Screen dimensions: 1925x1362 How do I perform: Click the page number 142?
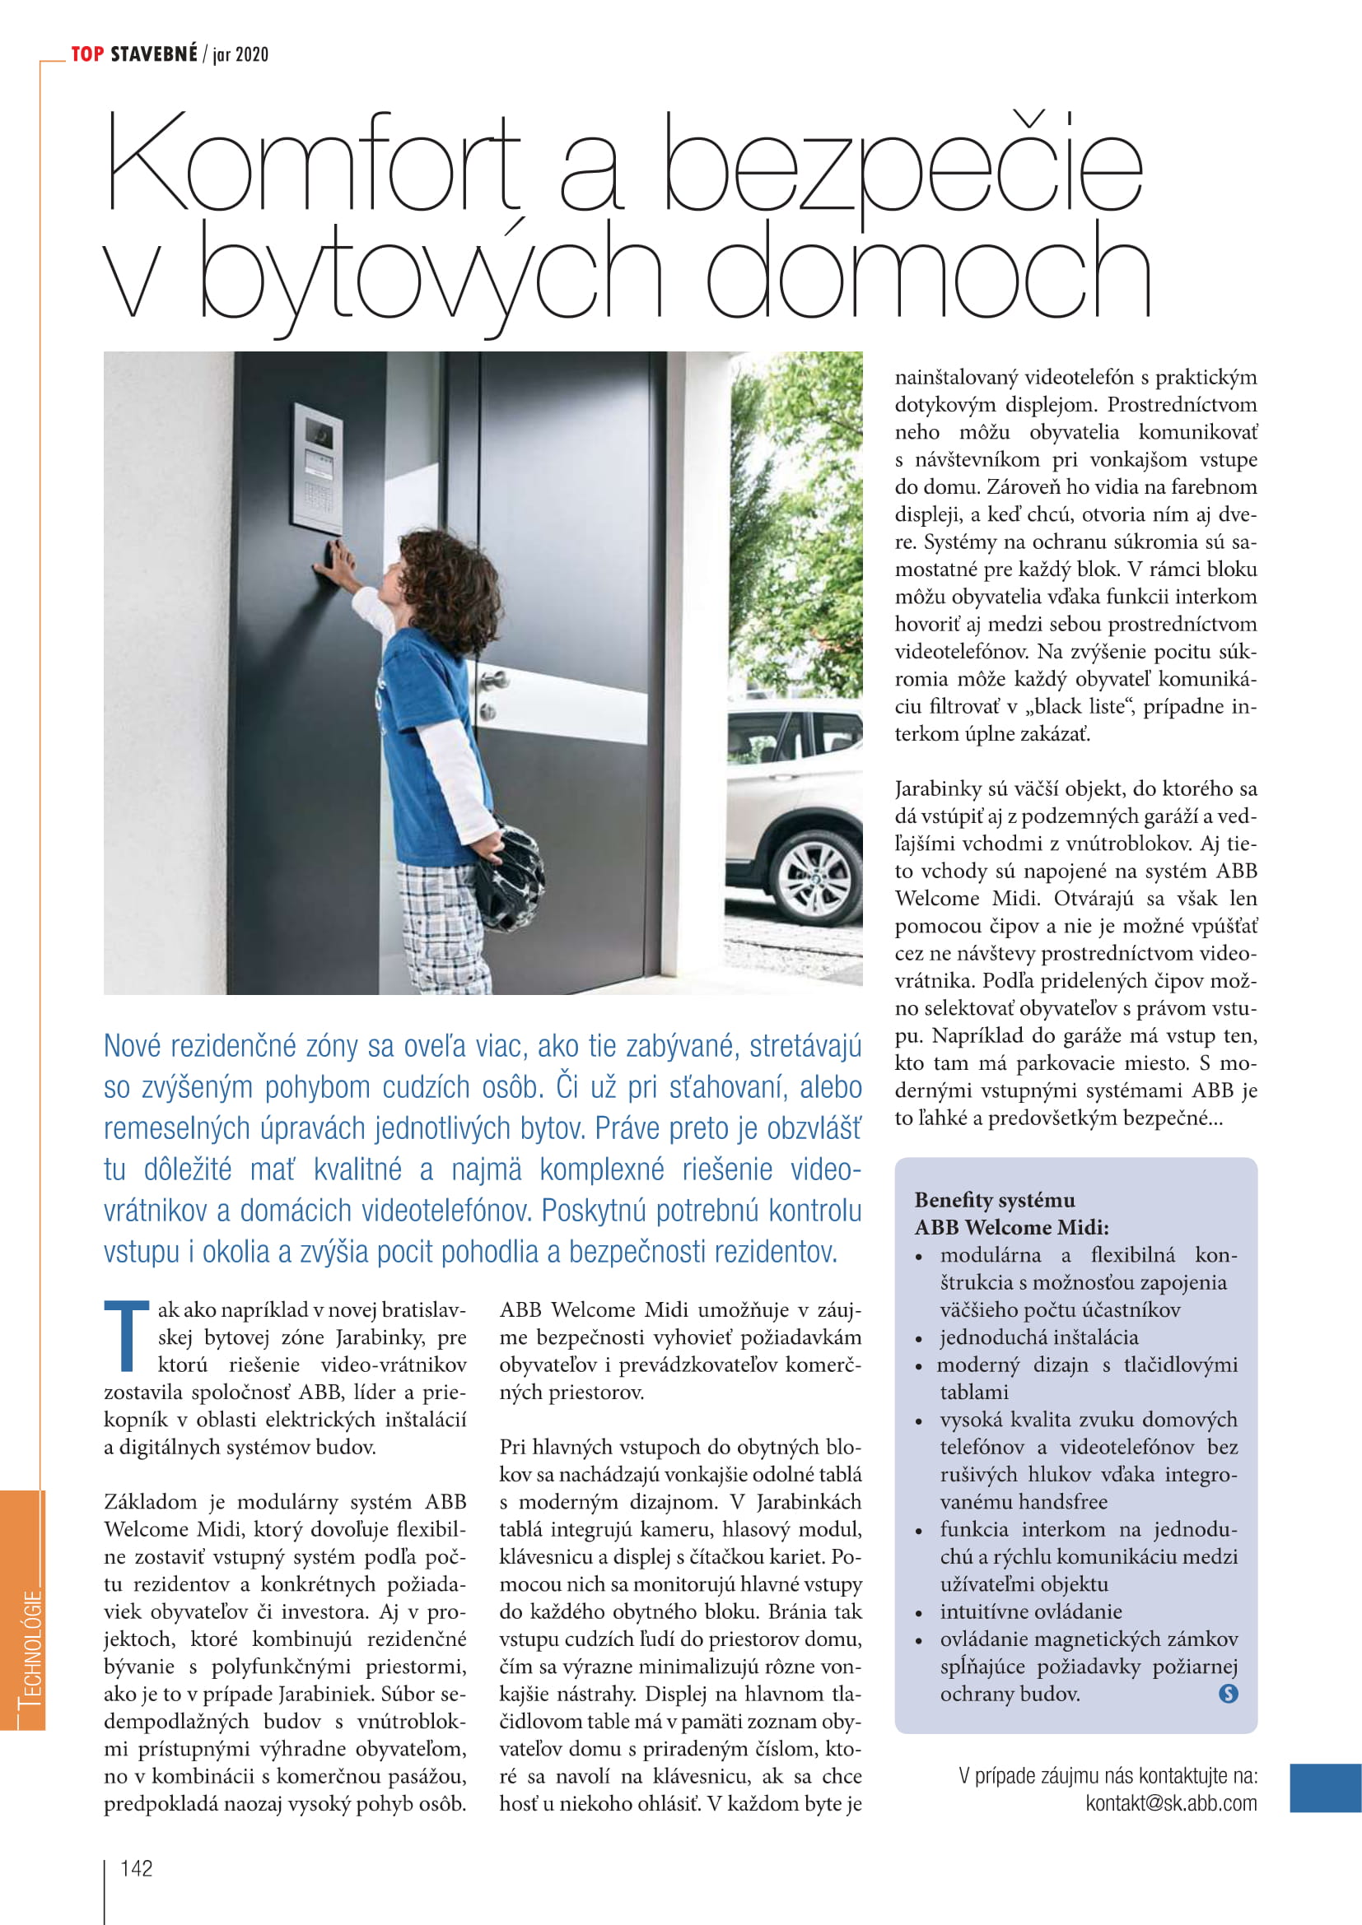point(137,1867)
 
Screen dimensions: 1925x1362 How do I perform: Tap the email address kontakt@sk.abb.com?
point(1171,1802)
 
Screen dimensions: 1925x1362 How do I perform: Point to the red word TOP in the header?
point(87,54)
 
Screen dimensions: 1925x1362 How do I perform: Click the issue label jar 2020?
point(240,55)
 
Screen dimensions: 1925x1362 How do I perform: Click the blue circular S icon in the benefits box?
point(1228,1694)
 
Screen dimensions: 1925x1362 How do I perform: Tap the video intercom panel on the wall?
point(316,472)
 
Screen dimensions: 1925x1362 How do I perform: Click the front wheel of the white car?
point(814,877)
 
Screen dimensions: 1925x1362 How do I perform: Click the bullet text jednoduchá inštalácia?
point(1039,1337)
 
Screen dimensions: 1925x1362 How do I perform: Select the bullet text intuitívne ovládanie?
point(1031,1611)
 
